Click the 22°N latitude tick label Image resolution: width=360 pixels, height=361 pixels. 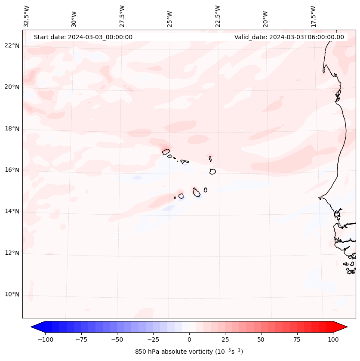click(x=12, y=46)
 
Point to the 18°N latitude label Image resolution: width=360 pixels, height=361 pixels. click(x=12, y=129)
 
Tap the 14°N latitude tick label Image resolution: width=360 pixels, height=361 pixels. click(x=12, y=211)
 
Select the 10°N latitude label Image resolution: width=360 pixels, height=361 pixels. click(x=12, y=295)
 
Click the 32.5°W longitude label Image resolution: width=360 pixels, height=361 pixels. click(x=27, y=16)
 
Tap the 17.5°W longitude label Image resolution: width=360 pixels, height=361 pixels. click(x=314, y=16)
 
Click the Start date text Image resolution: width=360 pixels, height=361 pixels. click(x=83, y=37)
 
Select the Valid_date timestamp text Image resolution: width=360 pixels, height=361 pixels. click(x=289, y=37)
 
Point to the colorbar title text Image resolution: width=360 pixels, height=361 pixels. click(x=189, y=352)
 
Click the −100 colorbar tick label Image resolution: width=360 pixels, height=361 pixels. click(x=45, y=339)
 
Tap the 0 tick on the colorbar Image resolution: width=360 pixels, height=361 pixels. click(x=189, y=339)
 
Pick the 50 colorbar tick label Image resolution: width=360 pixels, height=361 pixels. click(x=261, y=339)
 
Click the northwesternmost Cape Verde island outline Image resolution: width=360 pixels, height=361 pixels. click(x=166, y=151)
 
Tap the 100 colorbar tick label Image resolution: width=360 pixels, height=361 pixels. click(x=332, y=339)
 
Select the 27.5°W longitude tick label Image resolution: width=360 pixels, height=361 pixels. click(x=122, y=16)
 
